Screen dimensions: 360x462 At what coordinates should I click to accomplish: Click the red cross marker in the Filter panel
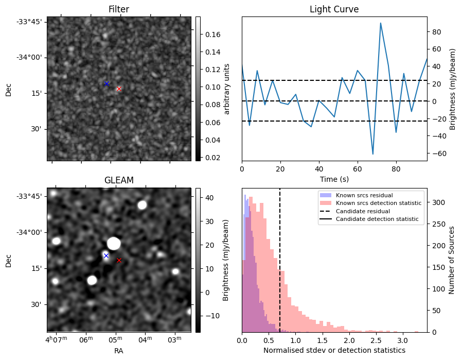[119, 89]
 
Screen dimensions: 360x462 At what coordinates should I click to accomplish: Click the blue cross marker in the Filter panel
[106, 83]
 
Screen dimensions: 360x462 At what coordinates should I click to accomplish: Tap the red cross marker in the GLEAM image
[119, 260]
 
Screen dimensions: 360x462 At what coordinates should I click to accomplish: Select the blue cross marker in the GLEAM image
[106, 255]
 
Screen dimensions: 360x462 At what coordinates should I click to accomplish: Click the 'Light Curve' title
[334, 10]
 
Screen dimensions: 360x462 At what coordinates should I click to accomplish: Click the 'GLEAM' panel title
[119, 180]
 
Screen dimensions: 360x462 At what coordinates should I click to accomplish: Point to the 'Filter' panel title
[119, 10]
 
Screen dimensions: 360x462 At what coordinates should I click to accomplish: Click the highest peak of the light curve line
[380, 23]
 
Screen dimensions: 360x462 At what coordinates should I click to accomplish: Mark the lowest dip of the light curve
[372, 154]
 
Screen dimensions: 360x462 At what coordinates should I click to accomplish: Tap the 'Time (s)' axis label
[334, 178]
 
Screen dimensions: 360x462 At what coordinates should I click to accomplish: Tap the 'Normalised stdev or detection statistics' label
[334, 350]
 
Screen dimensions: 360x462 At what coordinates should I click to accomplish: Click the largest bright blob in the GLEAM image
[114, 243]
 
